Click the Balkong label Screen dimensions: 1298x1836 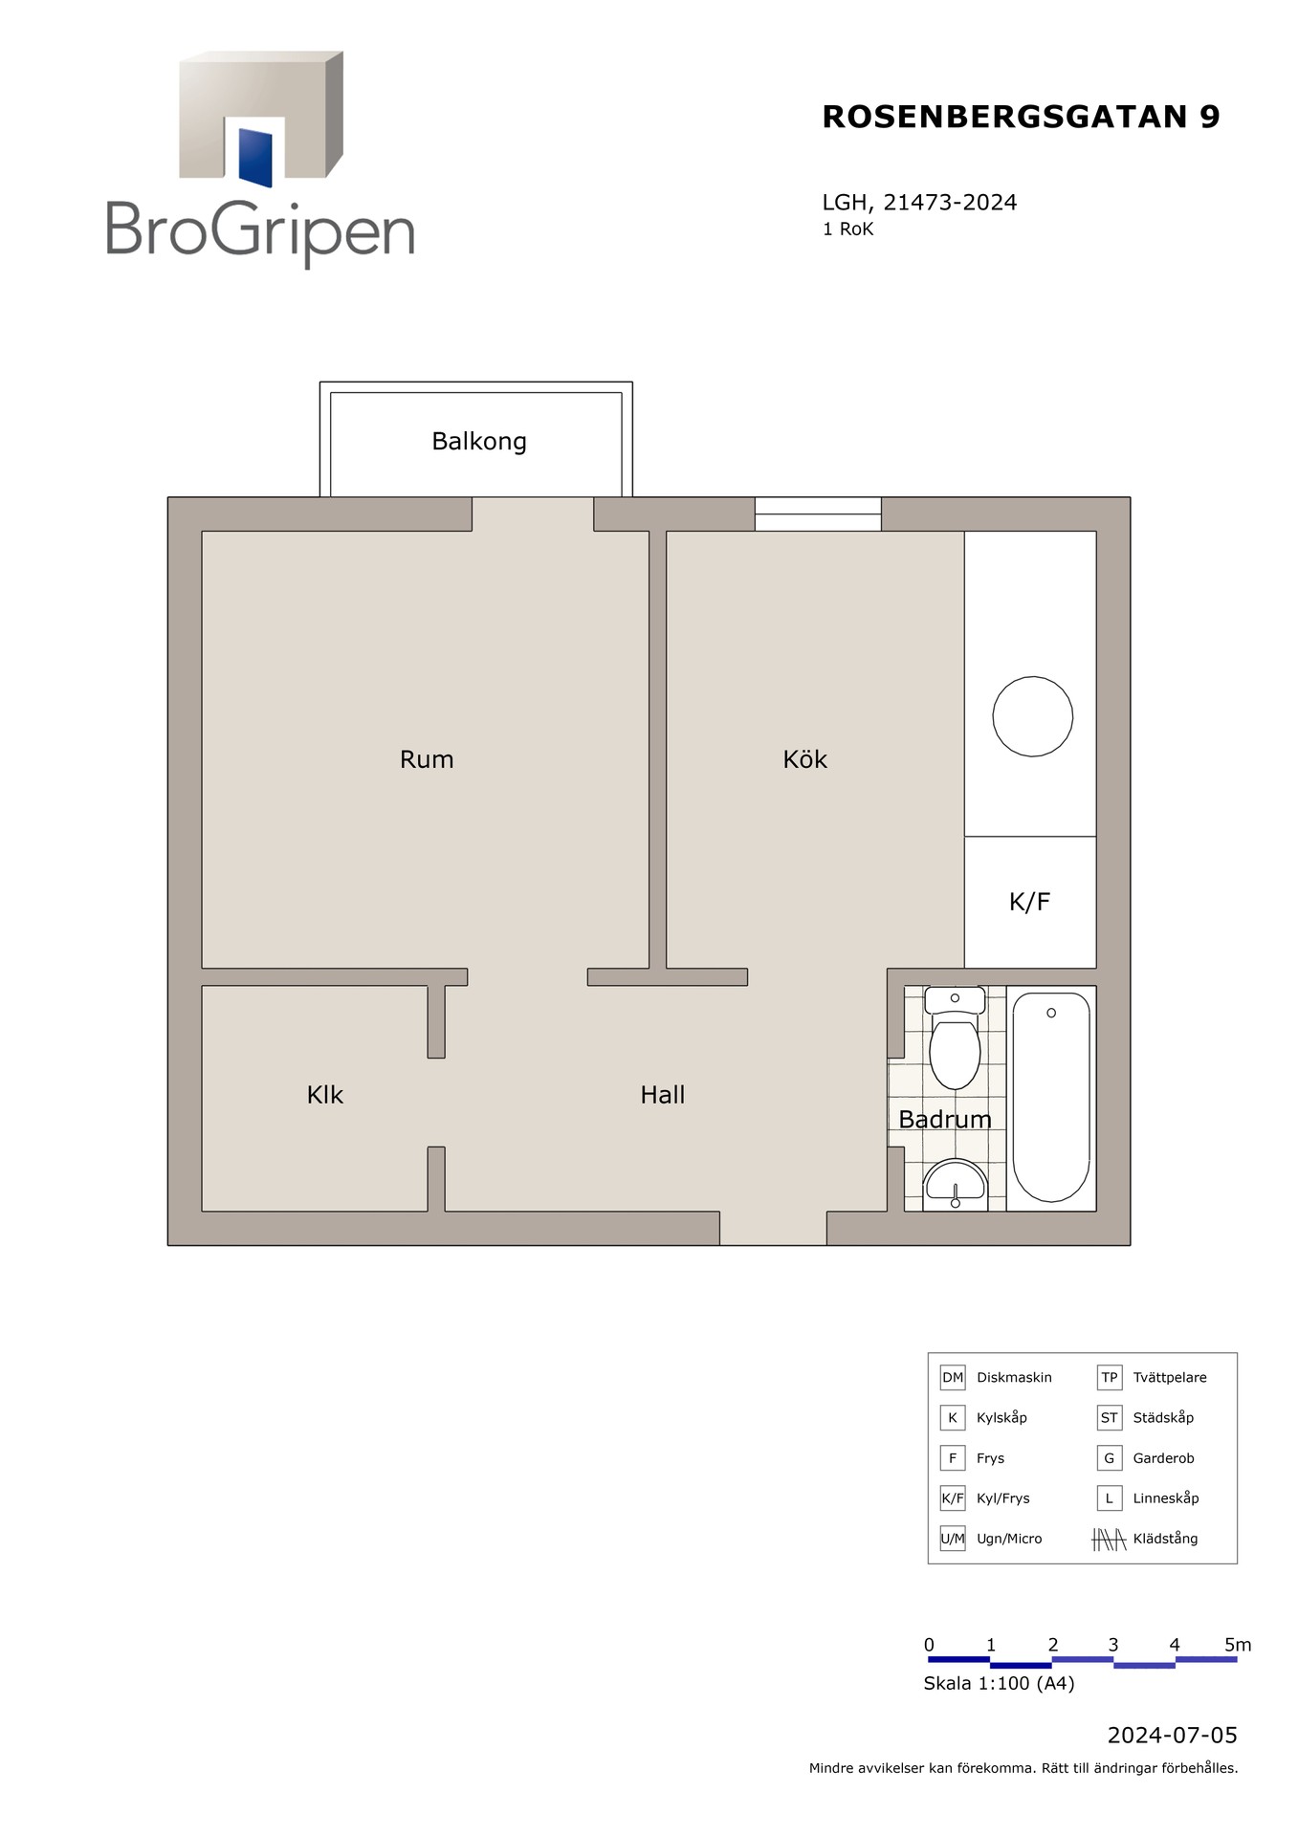pyautogui.click(x=479, y=442)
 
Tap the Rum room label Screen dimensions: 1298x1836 pyautogui.click(x=427, y=759)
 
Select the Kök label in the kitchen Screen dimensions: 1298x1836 pyautogui.click(x=804, y=759)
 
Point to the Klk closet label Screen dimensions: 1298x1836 pyautogui.click(x=325, y=1095)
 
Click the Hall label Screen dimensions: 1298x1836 pyautogui.click(x=663, y=1095)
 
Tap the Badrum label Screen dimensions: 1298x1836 pyautogui.click(x=945, y=1119)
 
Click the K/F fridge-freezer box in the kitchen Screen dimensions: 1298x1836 pyautogui.click(x=1030, y=902)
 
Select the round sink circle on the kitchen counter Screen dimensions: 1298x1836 pyautogui.click(x=1033, y=716)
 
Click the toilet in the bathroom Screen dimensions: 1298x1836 pyautogui.click(x=955, y=1038)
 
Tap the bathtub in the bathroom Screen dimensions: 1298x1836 pyautogui.click(x=1051, y=1098)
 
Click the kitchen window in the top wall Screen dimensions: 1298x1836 pyautogui.click(x=818, y=514)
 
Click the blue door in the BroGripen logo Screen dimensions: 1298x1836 pyautogui.click(x=255, y=157)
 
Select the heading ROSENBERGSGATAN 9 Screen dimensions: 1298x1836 pyautogui.click(x=1022, y=117)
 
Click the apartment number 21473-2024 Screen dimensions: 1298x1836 pyautogui.click(x=950, y=203)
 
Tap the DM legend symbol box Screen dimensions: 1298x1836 pyautogui.click(x=953, y=1378)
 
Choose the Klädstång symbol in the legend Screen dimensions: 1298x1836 pyautogui.click(x=1109, y=1539)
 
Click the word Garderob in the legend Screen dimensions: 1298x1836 pyautogui.click(x=1163, y=1458)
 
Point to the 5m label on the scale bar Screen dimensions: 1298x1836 pyautogui.click(x=1238, y=1645)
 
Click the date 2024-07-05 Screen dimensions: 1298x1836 pyautogui.click(x=1173, y=1736)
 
